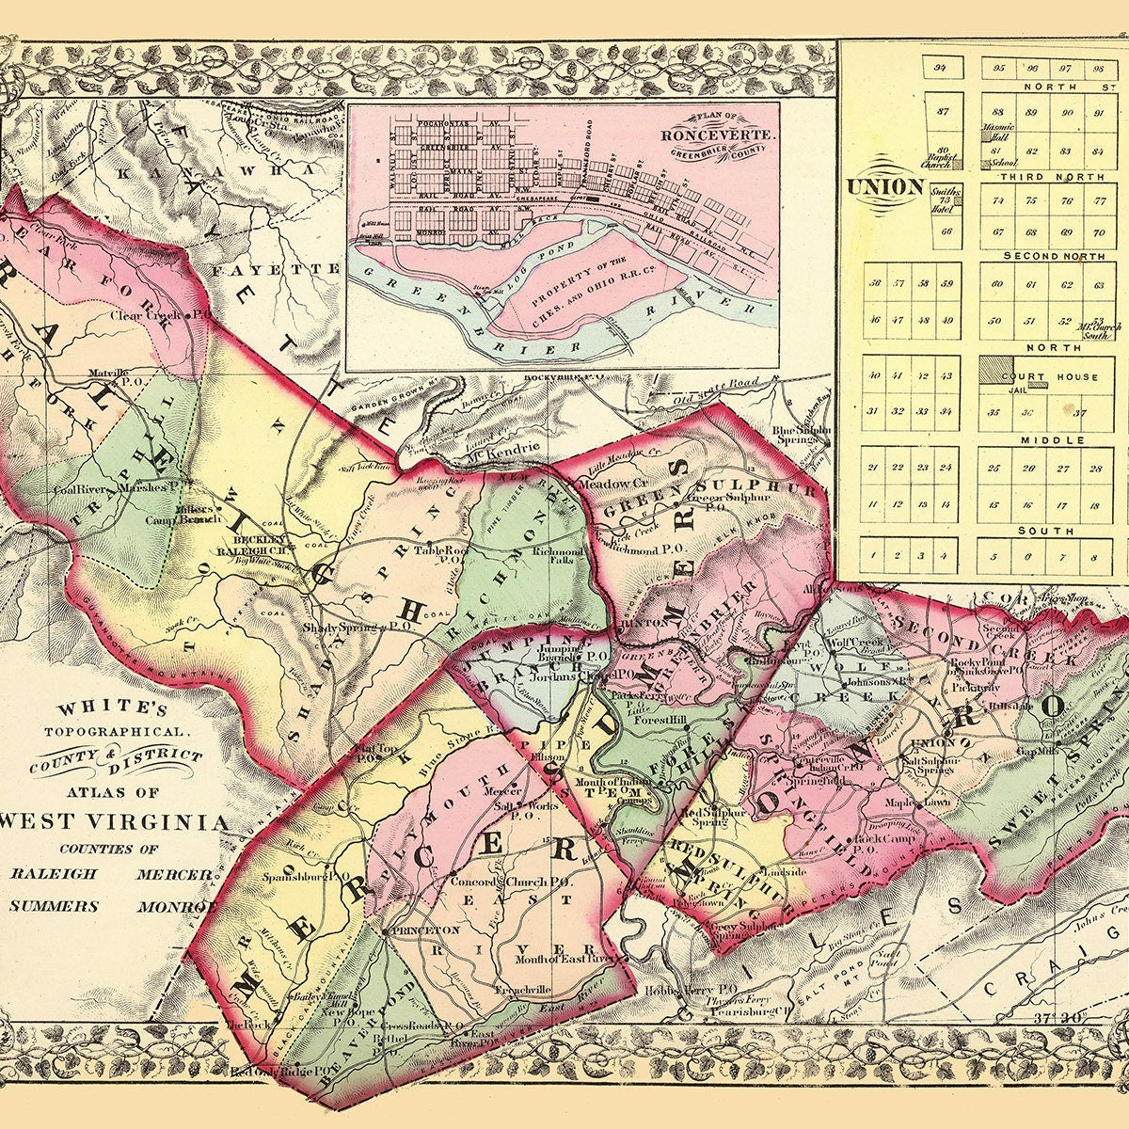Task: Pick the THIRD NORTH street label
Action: click(x=1043, y=177)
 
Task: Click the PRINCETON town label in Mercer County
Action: click(x=425, y=930)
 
